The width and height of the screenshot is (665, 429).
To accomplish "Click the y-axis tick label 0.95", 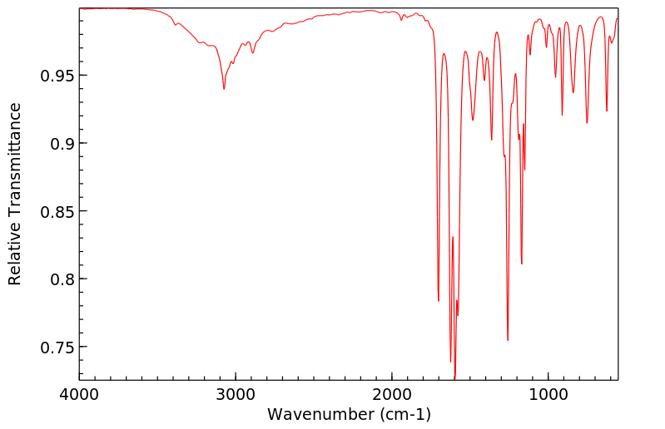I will click(56, 76).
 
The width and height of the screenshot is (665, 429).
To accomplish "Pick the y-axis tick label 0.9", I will click(61, 144).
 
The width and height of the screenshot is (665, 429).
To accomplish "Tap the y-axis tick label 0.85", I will click(56, 211).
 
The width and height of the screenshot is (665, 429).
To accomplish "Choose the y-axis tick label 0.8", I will click(61, 279).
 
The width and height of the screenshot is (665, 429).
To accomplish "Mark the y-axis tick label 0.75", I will click(56, 347).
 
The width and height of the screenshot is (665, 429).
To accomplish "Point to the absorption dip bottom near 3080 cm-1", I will click(224, 89).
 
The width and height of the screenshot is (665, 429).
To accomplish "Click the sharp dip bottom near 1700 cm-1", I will click(439, 301).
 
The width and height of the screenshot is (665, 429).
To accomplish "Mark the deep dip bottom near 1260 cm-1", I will click(508, 340).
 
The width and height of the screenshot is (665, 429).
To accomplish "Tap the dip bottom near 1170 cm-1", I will click(522, 264).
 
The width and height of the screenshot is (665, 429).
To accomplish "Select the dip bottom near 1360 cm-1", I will click(492, 140).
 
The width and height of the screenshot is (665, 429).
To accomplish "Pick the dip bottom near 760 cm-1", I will click(587, 123).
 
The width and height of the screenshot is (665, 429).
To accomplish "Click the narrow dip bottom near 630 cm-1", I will click(607, 111).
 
